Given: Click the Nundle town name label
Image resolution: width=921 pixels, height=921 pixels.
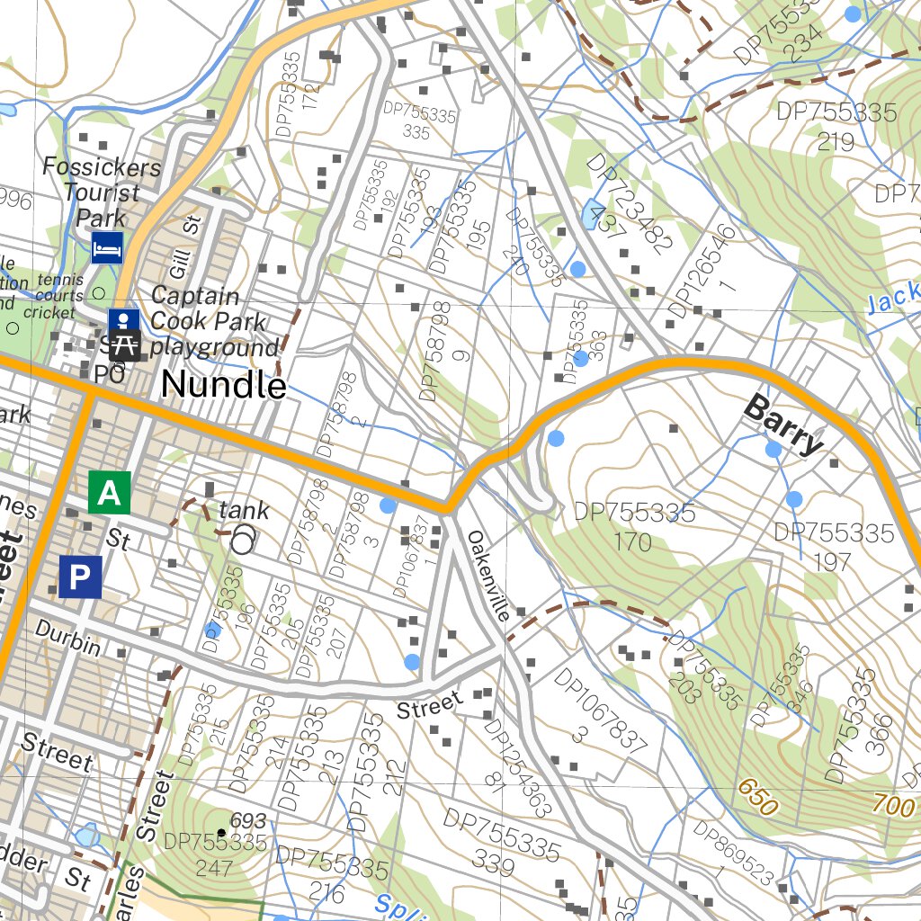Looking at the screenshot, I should click(224, 386).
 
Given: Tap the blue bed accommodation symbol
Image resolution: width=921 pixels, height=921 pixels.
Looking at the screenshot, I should click(107, 246).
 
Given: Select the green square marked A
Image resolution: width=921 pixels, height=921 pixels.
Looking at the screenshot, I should click(109, 493).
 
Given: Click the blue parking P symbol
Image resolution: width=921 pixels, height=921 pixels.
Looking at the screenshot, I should click(80, 577).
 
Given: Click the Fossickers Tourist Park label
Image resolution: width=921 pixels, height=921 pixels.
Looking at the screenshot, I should click(102, 192).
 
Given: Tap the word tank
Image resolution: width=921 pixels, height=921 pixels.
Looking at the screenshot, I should click(244, 511).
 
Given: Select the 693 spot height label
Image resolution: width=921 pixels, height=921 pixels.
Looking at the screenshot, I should click(248, 820).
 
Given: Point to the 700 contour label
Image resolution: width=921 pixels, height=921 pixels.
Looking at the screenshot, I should click(892, 805).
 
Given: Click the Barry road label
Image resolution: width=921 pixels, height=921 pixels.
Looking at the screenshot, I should click(783, 425).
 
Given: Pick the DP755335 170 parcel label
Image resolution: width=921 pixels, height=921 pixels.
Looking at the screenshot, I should click(634, 526).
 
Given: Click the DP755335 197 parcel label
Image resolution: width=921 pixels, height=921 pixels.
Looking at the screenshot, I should click(834, 547).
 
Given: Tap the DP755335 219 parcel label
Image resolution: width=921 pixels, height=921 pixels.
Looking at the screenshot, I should click(836, 126).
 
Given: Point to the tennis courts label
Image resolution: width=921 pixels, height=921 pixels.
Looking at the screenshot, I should click(59, 288).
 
